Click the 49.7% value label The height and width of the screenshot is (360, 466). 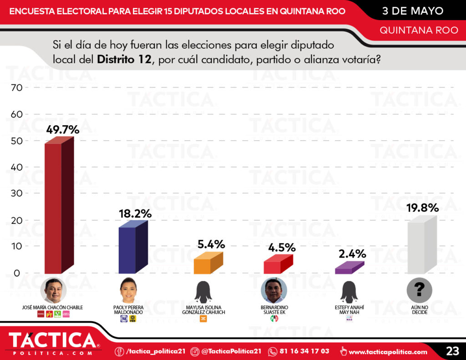pyautogui.click(x=63, y=130)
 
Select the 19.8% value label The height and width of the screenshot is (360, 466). pyautogui.click(x=423, y=208)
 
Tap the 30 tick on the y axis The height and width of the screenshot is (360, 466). pyautogui.click(x=16, y=194)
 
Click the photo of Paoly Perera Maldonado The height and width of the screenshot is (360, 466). pyautogui.click(x=128, y=290)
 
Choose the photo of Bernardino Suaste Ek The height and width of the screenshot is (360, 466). pyautogui.click(x=274, y=290)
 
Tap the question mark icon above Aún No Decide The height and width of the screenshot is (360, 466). pyautogui.click(x=420, y=290)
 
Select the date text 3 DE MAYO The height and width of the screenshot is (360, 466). pyautogui.click(x=412, y=10)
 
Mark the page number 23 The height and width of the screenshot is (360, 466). pyautogui.click(x=452, y=351)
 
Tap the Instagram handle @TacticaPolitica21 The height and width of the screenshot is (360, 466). pyautogui.click(x=231, y=351)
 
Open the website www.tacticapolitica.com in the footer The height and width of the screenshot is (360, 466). pyautogui.click(x=388, y=351)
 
